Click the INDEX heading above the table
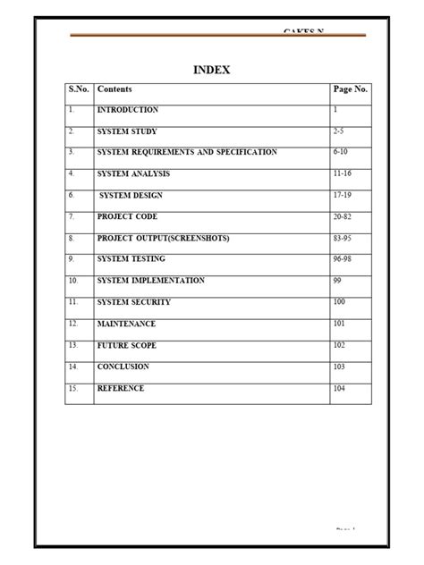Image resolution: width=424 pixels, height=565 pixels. click(211, 71)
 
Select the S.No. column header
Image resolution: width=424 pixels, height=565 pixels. click(80, 89)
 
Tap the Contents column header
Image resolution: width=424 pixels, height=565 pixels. click(115, 89)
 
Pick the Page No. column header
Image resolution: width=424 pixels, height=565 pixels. click(351, 89)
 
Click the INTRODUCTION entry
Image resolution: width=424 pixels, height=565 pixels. click(128, 110)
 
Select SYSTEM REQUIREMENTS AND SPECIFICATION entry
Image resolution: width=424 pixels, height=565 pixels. click(187, 153)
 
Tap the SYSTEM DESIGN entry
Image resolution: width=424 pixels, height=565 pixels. click(131, 196)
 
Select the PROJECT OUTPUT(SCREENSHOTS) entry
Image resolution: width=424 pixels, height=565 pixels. click(164, 239)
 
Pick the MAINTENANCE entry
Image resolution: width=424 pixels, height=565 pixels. click(126, 324)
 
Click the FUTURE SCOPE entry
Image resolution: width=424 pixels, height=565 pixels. click(129, 345)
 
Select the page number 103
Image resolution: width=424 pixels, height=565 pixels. click(341, 367)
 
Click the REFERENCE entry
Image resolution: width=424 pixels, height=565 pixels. click(121, 389)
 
